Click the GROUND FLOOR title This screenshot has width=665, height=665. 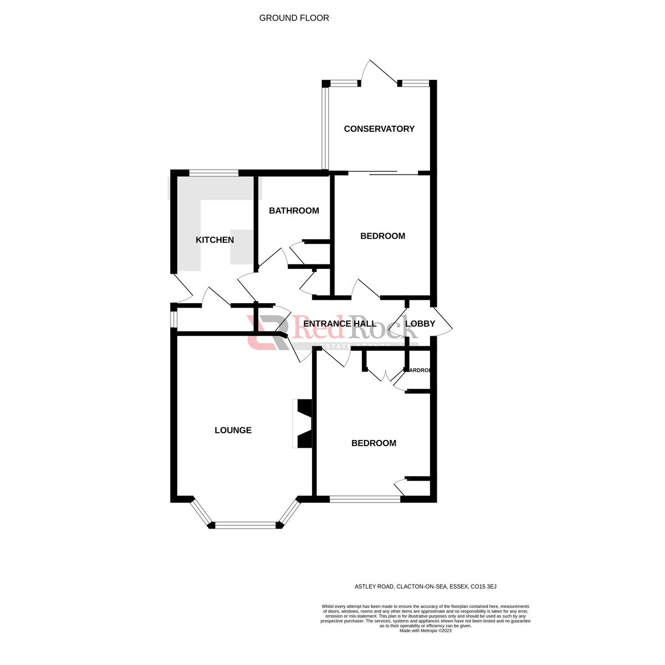click(x=294, y=18)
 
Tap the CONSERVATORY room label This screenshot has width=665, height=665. click(x=379, y=129)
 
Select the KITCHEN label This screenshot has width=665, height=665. click(x=214, y=240)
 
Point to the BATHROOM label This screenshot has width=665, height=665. click(x=294, y=211)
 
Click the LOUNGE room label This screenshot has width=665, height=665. click(x=233, y=430)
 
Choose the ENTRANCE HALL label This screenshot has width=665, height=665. click(x=339, y=324)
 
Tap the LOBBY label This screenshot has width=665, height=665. click(x=420, y=324)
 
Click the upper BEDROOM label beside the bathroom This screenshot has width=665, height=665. click(x=382, y=236)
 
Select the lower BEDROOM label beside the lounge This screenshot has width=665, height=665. click(x=374, y=443)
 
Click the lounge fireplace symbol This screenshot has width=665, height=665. click(x=303, y=423)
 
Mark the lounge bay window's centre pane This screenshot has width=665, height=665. click(x=244, y=525)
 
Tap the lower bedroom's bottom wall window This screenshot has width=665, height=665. click(x=365, y=499)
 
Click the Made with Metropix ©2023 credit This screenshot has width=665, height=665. click(x=426, y=631)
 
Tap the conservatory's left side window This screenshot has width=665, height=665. click(x=325, y=127)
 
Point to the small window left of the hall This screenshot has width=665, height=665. click(x=173, y=319)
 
